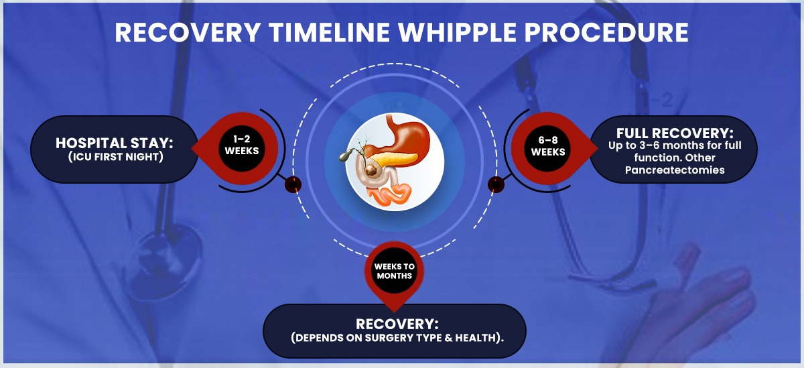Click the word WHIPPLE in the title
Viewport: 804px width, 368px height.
[457, 32]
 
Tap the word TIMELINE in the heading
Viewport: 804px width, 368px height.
[329, 32]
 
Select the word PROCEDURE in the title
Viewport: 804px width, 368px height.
[606, 32]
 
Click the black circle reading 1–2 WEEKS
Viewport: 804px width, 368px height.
[242, 148]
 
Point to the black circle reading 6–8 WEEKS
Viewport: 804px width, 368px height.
[548, 148]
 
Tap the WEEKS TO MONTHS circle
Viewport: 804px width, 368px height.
[394, 270]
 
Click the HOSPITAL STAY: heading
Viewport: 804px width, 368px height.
[114, 143]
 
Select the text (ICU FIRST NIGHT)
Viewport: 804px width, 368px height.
[115, 157]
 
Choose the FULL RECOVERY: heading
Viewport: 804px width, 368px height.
[675, 133]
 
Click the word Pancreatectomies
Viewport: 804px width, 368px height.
[675, 170]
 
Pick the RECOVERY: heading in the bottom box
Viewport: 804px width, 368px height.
[397, 324]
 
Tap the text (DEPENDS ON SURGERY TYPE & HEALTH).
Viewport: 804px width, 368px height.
[397, 338]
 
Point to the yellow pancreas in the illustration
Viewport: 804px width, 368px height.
[393, 159]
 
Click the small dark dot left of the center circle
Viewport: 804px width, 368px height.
[293, 185]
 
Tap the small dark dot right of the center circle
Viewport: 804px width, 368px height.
[496, 185]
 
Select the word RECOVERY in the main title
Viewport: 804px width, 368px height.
[188, 32]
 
